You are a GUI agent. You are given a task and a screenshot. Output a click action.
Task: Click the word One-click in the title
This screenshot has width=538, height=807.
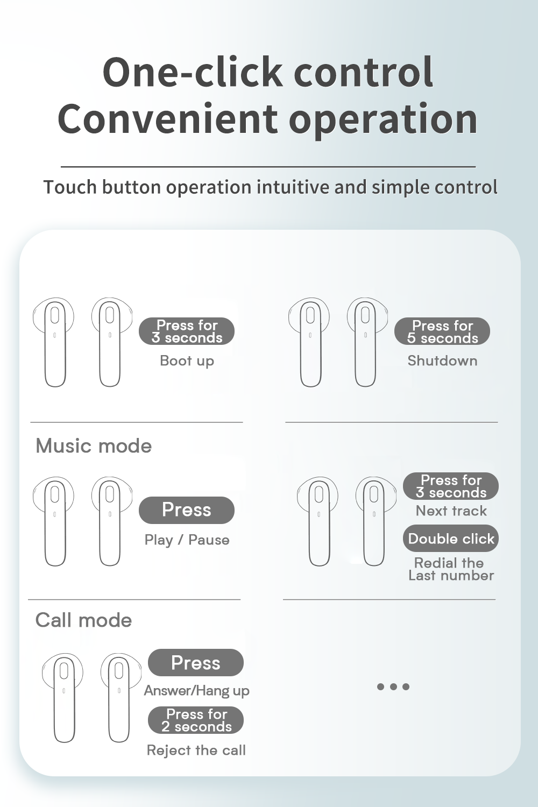pyautogui.click(x=193, y=72)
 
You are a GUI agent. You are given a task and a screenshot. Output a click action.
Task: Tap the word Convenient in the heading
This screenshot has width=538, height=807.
pyautogui.click(x=168, y=118)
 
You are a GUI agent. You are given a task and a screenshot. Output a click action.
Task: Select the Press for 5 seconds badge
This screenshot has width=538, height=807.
pyautogui.click(x=442, y=331)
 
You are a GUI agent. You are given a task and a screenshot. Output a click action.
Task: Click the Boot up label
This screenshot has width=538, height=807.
pyautogui.click(x=187, y=360)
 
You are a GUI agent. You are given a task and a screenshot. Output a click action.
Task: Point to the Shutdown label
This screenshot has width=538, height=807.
pyautogui.click(x=442, y=360)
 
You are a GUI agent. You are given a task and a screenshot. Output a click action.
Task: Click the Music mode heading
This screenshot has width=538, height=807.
pyautogui.click(x=94, y=446)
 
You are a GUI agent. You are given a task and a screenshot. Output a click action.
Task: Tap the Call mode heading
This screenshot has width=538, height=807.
pyautogui.click(x=83, y=620)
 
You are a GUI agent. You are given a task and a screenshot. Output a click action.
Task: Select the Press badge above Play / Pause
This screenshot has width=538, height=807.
pyautogui.click(x=187, y=510)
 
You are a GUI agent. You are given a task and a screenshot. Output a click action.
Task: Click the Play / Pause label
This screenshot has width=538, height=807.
pyautogui.click(x=187, y=540)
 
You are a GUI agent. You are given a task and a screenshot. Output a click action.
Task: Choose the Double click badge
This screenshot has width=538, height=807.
pyautogui.click(x=451, y=539)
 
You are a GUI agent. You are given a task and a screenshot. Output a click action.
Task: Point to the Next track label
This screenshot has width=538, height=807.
pyautogui.click(x=451, y=511)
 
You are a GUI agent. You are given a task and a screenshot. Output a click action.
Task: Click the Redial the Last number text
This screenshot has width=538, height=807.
pyautogui.click(x=451, y=569)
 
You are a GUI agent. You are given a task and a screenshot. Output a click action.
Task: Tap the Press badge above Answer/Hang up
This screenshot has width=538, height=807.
pyautogui.click(x=196, y=662)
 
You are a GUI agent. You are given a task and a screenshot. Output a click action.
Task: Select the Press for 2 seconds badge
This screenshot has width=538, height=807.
pyautogui.click(x=196, y=720)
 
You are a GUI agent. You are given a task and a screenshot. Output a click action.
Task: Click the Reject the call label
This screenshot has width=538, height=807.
pyautogui.click(x=196, y=750)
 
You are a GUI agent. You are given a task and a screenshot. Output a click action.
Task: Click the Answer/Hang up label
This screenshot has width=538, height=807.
pyautogui.click(x=197, y=691)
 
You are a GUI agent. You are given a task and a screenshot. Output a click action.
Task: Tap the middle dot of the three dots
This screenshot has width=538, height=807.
pyautogui.click(x=393, y=686)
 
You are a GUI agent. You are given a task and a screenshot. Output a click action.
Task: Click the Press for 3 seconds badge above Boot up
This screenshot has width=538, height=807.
pyautogui.click(x=187, y=331)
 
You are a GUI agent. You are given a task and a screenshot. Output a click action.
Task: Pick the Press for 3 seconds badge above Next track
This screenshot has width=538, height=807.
pyautogui.click(x=451, y=486)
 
